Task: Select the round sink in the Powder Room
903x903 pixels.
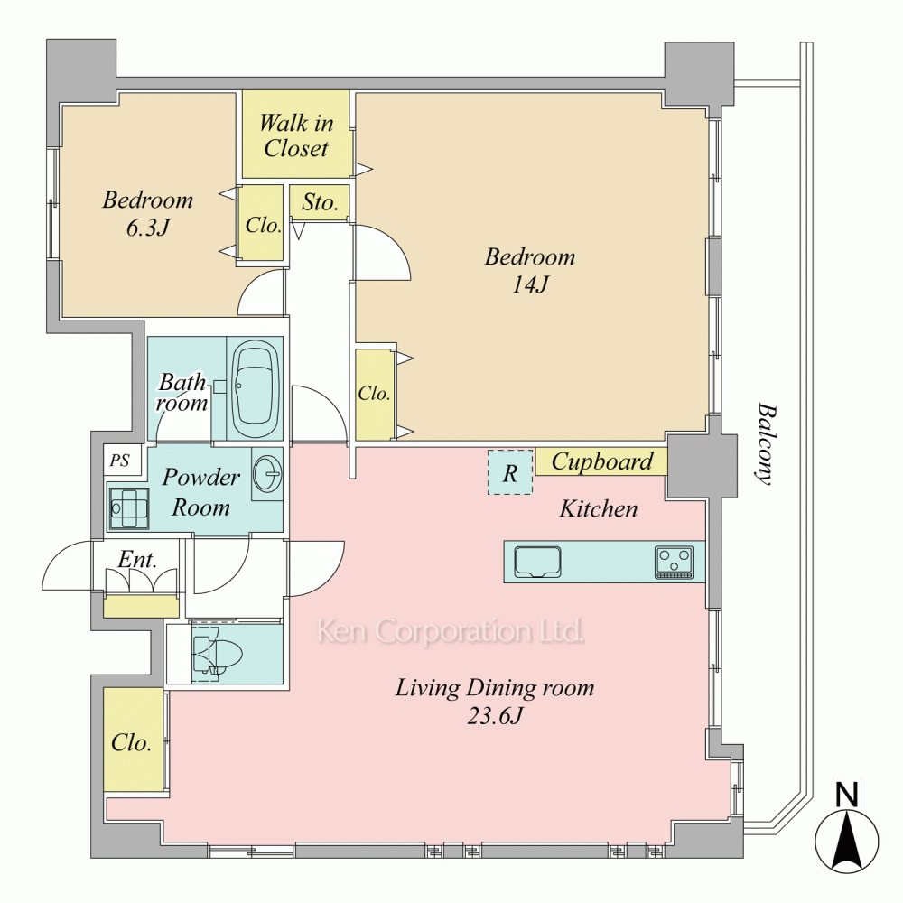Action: pos(267,474)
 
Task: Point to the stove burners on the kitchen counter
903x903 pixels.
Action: pos(674,562)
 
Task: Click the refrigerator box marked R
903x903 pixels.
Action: pos(510,472)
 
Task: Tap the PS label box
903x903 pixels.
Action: pos(121,461)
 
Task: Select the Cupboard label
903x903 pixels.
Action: pos(601,461)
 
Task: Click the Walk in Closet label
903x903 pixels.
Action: pos(296,135)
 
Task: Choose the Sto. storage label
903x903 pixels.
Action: pos(320,202)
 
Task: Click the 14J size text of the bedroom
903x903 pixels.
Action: pos(530,284)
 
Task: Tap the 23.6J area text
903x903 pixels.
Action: pos(495,716)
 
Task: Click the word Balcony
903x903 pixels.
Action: pos(767,444)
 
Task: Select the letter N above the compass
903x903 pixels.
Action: pos(847,795)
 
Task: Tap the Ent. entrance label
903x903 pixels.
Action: pos(137,559)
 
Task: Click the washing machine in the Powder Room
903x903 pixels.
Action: pos(129,508)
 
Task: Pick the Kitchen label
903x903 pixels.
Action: pos(599,508)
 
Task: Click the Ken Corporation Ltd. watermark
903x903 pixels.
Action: pos(451,630)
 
